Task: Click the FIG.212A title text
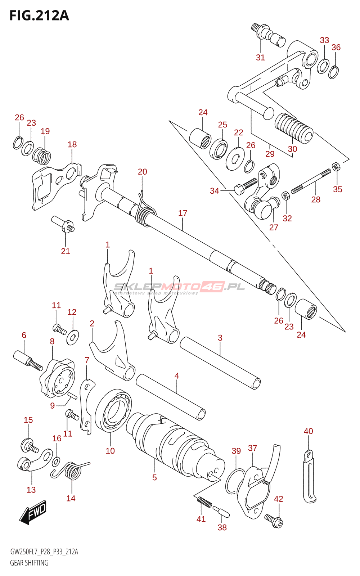(39, 15)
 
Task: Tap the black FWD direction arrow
(33, 511)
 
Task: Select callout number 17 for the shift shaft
(183, 213)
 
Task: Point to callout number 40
(308, 431)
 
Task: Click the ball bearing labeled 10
(113, 410)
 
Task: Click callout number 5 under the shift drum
(154, 477)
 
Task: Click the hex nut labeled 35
(336, 166)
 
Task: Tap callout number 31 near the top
(260, 57)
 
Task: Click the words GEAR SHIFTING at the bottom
(29, 563)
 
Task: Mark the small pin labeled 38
(221, 511)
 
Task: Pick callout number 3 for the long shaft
(220, 338)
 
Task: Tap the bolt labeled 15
(29, 446)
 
